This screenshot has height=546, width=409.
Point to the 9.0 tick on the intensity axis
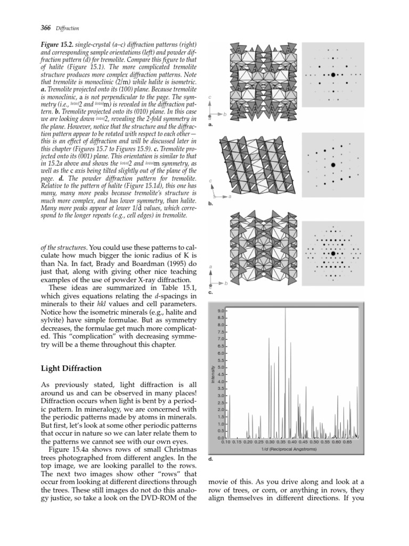tap(220, 310)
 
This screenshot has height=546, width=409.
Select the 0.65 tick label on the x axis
tap(347, 442)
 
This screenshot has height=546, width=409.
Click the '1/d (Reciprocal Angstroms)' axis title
tap(289, 449)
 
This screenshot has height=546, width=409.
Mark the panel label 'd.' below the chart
tap(211, 458)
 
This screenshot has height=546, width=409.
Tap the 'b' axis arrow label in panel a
tap(225, 114)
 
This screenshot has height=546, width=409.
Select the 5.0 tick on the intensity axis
tap(220, 367)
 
